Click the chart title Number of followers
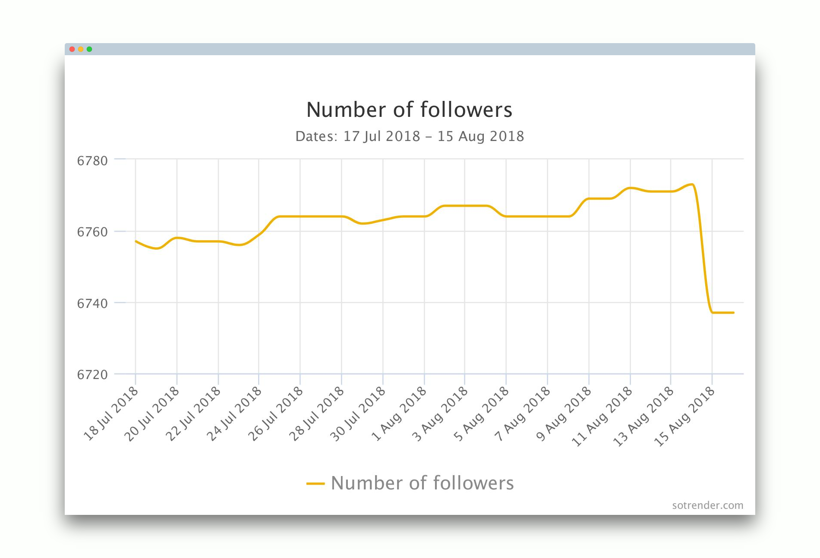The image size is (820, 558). point(409,110)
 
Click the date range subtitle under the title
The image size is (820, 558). point(409,136)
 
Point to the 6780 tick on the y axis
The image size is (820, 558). point(92,161)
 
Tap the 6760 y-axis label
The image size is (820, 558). point(92,232)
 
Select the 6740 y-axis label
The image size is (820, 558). point(92,304)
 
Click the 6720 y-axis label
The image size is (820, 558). point(92,375)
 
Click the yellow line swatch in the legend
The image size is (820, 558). point(315,484)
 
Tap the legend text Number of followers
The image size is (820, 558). point(422,483)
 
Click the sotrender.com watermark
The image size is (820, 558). point(707,505)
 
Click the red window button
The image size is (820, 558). point(72,49)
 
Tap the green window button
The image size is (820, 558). point(89,49)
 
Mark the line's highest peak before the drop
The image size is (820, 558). point(692,185)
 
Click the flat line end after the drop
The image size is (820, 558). point(733,313)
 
